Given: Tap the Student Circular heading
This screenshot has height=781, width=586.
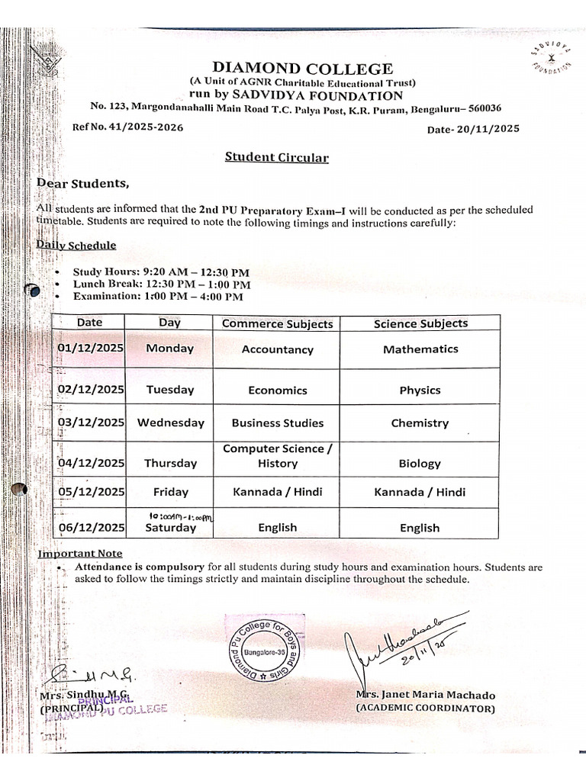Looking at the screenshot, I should tap(276, 158).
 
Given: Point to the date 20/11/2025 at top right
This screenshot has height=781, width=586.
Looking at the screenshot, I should tap(473, 129).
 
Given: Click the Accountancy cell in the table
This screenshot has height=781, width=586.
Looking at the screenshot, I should tap(277, 350).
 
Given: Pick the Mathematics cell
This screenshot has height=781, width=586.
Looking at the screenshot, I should tap(420, 349).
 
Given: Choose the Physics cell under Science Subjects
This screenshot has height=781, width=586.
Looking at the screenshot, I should tap(420, 390).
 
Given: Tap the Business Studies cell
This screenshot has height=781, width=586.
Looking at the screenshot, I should tap(277, 423).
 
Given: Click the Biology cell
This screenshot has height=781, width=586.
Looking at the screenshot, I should tap(420, 463).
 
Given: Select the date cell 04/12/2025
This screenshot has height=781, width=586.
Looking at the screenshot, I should tap(90, 463).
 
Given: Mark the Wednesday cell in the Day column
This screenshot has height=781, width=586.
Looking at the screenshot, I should tap(170, 423).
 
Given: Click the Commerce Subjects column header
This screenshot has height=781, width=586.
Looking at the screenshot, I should tap(277, 324).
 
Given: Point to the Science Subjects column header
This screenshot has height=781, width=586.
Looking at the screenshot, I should tap(420, 323).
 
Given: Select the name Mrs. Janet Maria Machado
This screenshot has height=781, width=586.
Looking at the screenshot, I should tap(425, 696).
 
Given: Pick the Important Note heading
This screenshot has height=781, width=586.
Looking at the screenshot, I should tap(80, 554).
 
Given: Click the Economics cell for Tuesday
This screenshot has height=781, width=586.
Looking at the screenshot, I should tap(277, 390).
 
